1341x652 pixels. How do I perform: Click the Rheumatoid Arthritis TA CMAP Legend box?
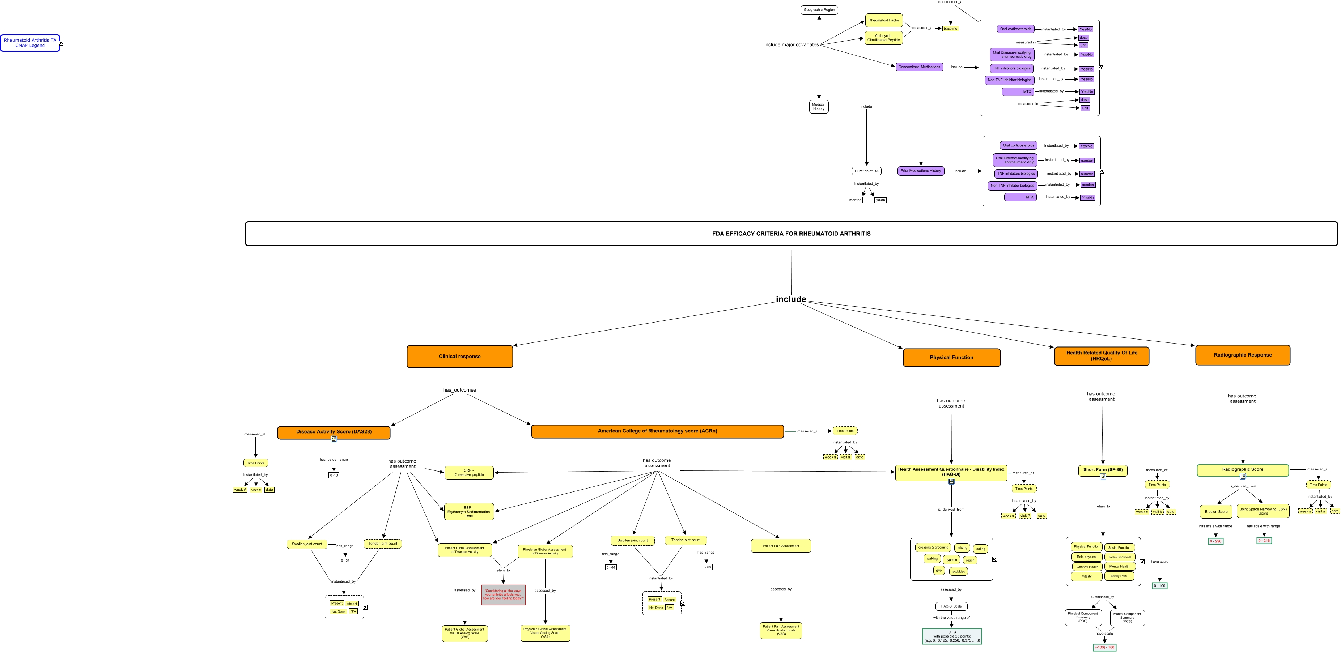[30, 43]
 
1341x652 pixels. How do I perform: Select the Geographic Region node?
[819, 10]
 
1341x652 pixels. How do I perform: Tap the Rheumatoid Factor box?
[883, 20]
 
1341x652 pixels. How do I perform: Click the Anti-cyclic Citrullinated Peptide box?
[883, 38]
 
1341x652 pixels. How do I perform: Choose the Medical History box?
[818, 107]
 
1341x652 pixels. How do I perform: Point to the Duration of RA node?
[866, 171]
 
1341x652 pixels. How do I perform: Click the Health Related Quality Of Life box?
[1102, 356]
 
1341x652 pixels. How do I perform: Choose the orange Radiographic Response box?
[1242, 355]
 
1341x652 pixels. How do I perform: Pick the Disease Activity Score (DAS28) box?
[334, 432]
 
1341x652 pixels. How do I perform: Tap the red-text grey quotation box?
[503, 595]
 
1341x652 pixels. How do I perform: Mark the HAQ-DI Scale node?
[951, 606]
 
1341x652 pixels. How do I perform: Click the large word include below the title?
[791, 299]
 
